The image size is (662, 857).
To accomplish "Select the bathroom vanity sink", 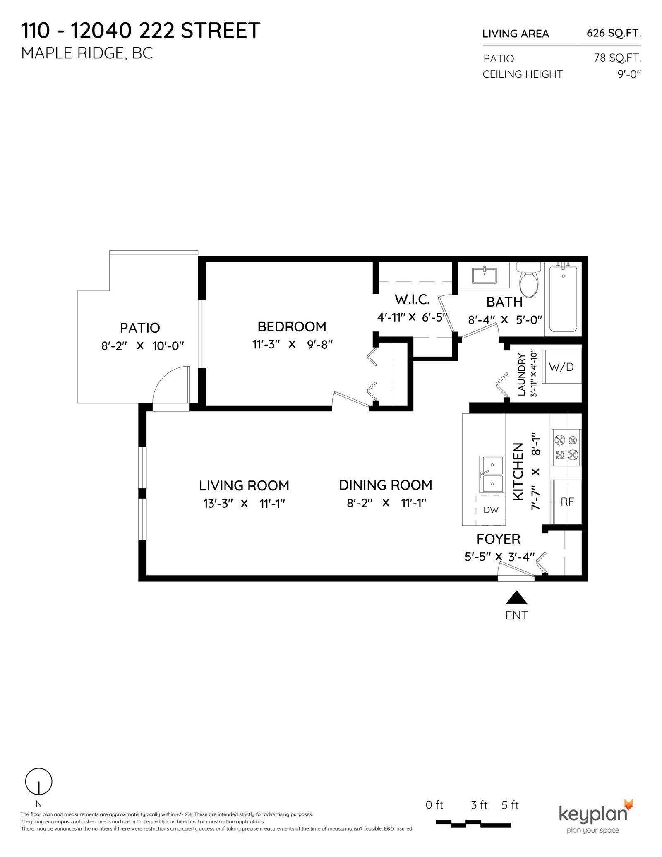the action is (485, 275).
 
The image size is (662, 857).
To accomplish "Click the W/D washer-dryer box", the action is (561, 367).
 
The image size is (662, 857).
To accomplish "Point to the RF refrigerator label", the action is (567, 502).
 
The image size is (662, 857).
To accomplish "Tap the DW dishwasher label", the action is (491, 510).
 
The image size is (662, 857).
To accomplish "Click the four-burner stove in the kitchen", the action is (566, 448).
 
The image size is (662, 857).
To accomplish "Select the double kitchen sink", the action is (492, 475).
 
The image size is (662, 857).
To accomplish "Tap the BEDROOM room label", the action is (292, 327).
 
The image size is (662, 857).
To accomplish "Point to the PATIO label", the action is (140, 328).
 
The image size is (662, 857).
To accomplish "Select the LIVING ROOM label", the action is (244, 485).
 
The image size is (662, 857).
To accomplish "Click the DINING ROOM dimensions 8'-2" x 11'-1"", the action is (386, 503).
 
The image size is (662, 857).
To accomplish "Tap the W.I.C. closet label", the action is (412, 299).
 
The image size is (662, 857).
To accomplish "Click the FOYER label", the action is (498, 539).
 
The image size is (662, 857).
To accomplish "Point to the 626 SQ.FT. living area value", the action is (614, 33).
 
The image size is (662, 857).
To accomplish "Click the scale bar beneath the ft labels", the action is (473, 800).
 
